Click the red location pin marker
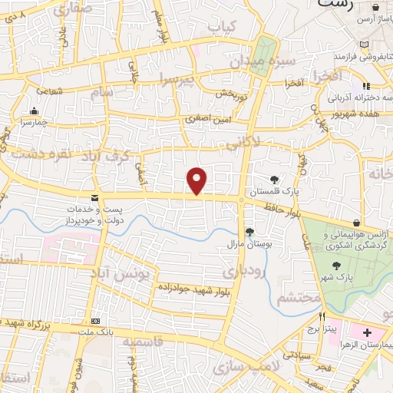pyautogui.click(x=198, y=180)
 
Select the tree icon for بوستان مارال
pyautogui.click(x=249, y=231)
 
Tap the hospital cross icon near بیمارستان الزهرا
pyautogui.click(x=366, y=333)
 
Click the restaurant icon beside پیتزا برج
pyautogui.click(x=323, y=316)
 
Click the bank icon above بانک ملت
pyautogui.click(x=95, y=320)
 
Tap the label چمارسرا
pyautogui.click(x=35, y=121)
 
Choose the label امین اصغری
pyautogui.click(x=205, y=119)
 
